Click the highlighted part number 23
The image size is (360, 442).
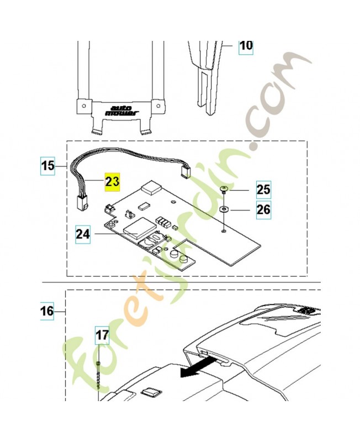pos(112,181)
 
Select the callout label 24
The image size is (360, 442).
pos(83,234)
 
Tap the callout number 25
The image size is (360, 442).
pos(263,191)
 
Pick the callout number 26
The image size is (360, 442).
pos(263,211)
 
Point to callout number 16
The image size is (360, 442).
pos(47,312)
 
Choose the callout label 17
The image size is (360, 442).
pos(102,334)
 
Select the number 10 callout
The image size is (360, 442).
pos(245,45)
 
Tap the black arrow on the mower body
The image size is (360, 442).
pos(197,367)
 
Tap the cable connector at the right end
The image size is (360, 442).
pos(186,172)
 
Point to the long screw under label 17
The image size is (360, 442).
pos(98,376)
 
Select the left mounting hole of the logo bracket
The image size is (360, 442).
pos(82,103)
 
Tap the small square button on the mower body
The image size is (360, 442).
pos(149,392)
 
